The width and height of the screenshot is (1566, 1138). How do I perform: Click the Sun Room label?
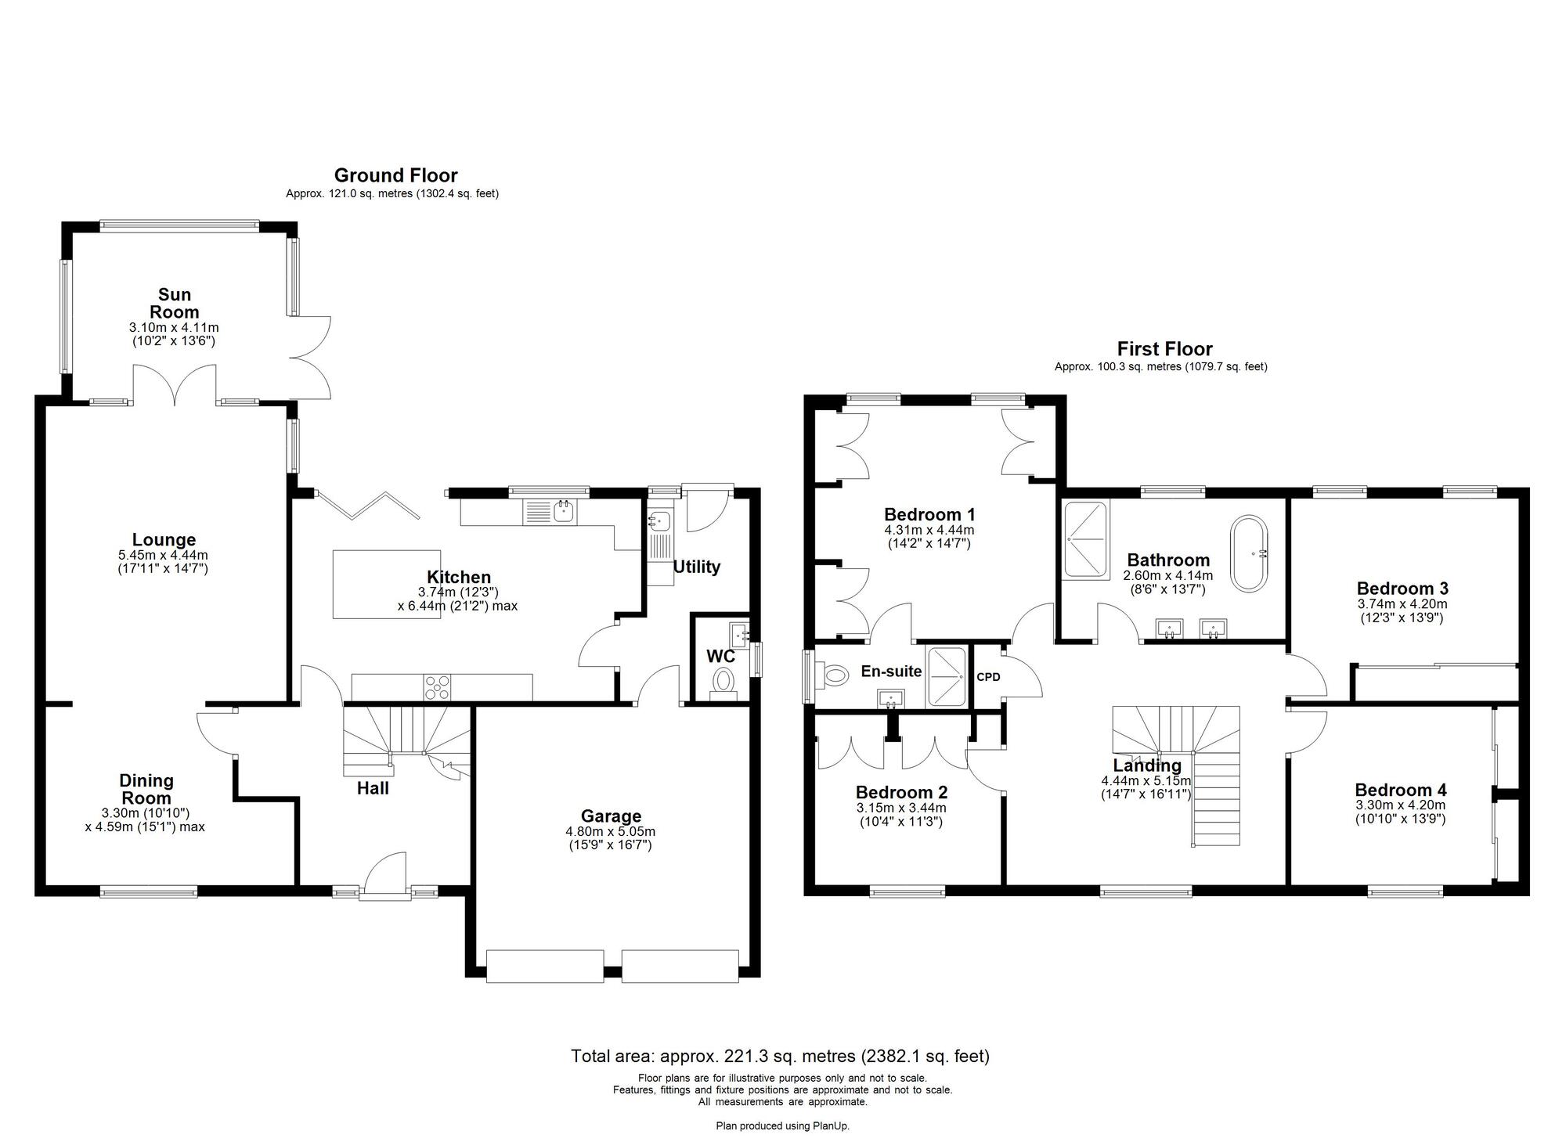coord(175,303)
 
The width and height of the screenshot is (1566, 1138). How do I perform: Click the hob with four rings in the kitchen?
coord(437,686)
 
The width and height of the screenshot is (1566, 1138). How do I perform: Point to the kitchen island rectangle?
coord(387,584)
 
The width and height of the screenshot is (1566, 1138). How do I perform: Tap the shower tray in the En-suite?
coord(947,677)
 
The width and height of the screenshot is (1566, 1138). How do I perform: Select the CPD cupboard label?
coord(989,677)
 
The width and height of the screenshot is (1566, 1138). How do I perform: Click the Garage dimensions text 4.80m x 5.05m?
coord(611,831)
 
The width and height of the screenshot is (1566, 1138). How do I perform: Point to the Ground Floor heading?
coord(395,175)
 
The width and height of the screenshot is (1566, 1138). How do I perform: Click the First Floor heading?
coord(1164,349)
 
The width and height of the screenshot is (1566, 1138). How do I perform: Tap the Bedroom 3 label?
coord(1402,589)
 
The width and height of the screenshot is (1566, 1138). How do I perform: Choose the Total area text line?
coord(780,1057)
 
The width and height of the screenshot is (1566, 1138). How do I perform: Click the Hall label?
coord(373,788)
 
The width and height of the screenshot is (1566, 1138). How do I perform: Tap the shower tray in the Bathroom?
coord(1086,540)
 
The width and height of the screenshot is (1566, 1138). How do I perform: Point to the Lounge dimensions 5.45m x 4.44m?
coord(164,555)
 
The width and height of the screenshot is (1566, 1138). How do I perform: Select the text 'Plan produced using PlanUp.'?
coord(782,1126)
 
